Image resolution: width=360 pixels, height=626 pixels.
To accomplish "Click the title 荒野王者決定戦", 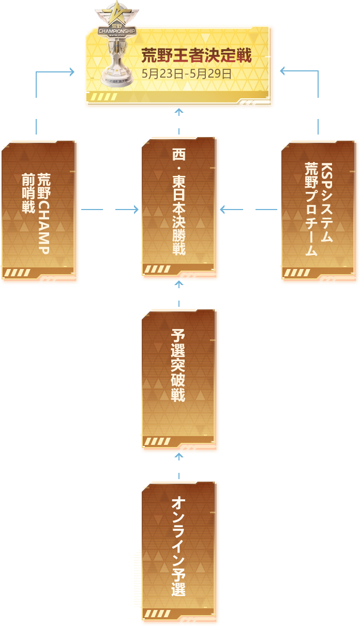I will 197,56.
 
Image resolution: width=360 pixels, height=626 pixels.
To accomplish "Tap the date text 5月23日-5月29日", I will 186,73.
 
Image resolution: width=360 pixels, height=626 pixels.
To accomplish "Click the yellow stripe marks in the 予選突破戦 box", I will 157,441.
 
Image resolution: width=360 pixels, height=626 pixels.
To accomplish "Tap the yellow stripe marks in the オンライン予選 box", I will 157,614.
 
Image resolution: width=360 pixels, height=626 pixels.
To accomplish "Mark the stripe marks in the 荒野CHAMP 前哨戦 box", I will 17,273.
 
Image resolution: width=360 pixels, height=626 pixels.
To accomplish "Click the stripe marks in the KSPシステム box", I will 297,273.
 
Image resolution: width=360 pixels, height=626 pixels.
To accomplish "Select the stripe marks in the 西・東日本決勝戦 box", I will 157,269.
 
